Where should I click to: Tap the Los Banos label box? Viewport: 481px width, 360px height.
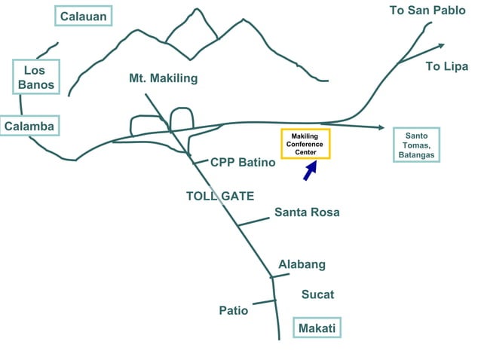click(35, 78)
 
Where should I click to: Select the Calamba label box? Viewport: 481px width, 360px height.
click(29, 127)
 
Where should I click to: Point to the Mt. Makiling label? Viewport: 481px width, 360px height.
click(164, 78)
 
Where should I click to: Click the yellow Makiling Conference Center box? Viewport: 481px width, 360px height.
click(305, 144)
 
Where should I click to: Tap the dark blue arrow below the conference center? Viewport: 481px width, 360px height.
click(309, 172)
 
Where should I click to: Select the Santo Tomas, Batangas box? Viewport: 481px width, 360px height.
click(417, 145)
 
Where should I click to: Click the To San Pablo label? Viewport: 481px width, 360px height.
click(427, 11)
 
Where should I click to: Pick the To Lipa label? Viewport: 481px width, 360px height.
click(446, 66)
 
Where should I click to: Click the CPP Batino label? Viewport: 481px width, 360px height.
click(237, 162)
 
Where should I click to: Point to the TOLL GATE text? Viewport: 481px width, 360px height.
click(219, 196)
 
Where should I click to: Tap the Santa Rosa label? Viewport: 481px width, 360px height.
click(307, 212)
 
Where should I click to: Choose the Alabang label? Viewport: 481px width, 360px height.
click(302, 264)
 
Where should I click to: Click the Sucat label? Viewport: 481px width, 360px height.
click(317, 294)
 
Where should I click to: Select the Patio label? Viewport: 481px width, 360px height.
click(233, 310)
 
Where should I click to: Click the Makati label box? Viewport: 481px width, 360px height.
click(317, 328)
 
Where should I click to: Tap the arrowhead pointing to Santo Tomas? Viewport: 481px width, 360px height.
click(381, 127)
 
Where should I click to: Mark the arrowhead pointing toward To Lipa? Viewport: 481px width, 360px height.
click(419, 56)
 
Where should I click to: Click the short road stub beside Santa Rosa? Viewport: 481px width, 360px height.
click(253, 221)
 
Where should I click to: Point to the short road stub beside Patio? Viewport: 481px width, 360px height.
click(264, 302)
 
